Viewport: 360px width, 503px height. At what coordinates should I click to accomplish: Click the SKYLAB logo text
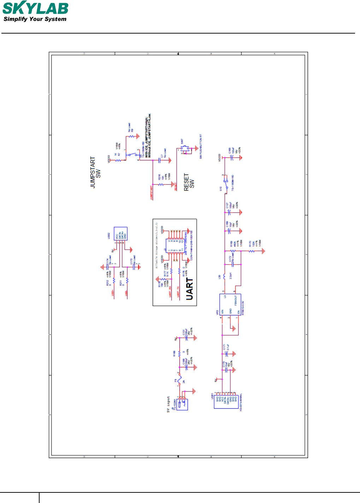[x=35, y=8]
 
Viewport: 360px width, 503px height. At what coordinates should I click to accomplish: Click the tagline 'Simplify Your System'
[x=35, y=19]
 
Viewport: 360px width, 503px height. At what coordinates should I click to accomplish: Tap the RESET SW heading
[x=189, y=182]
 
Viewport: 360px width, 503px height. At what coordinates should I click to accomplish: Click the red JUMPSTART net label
[x=152, y=193]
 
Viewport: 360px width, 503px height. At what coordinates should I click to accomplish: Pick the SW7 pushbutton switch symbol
[x=185, y=149]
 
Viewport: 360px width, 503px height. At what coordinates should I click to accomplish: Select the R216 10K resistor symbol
[x=161, y=184]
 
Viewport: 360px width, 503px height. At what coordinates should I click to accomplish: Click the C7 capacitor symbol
[x=160, y=160]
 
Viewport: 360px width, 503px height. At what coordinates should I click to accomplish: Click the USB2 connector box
[x=120, y=234]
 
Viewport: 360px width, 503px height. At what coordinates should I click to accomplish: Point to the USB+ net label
[x=113, y=293]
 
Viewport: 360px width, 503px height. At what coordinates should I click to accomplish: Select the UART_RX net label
[x=170, y=292]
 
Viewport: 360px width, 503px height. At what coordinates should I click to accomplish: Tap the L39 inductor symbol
[x=224, y=275]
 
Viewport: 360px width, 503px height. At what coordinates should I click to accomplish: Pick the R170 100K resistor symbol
[x=252, y=251]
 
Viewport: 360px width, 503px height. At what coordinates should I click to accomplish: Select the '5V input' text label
[x=169, y=404]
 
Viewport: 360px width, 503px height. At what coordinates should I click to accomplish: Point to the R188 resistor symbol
[x=179, y=353]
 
